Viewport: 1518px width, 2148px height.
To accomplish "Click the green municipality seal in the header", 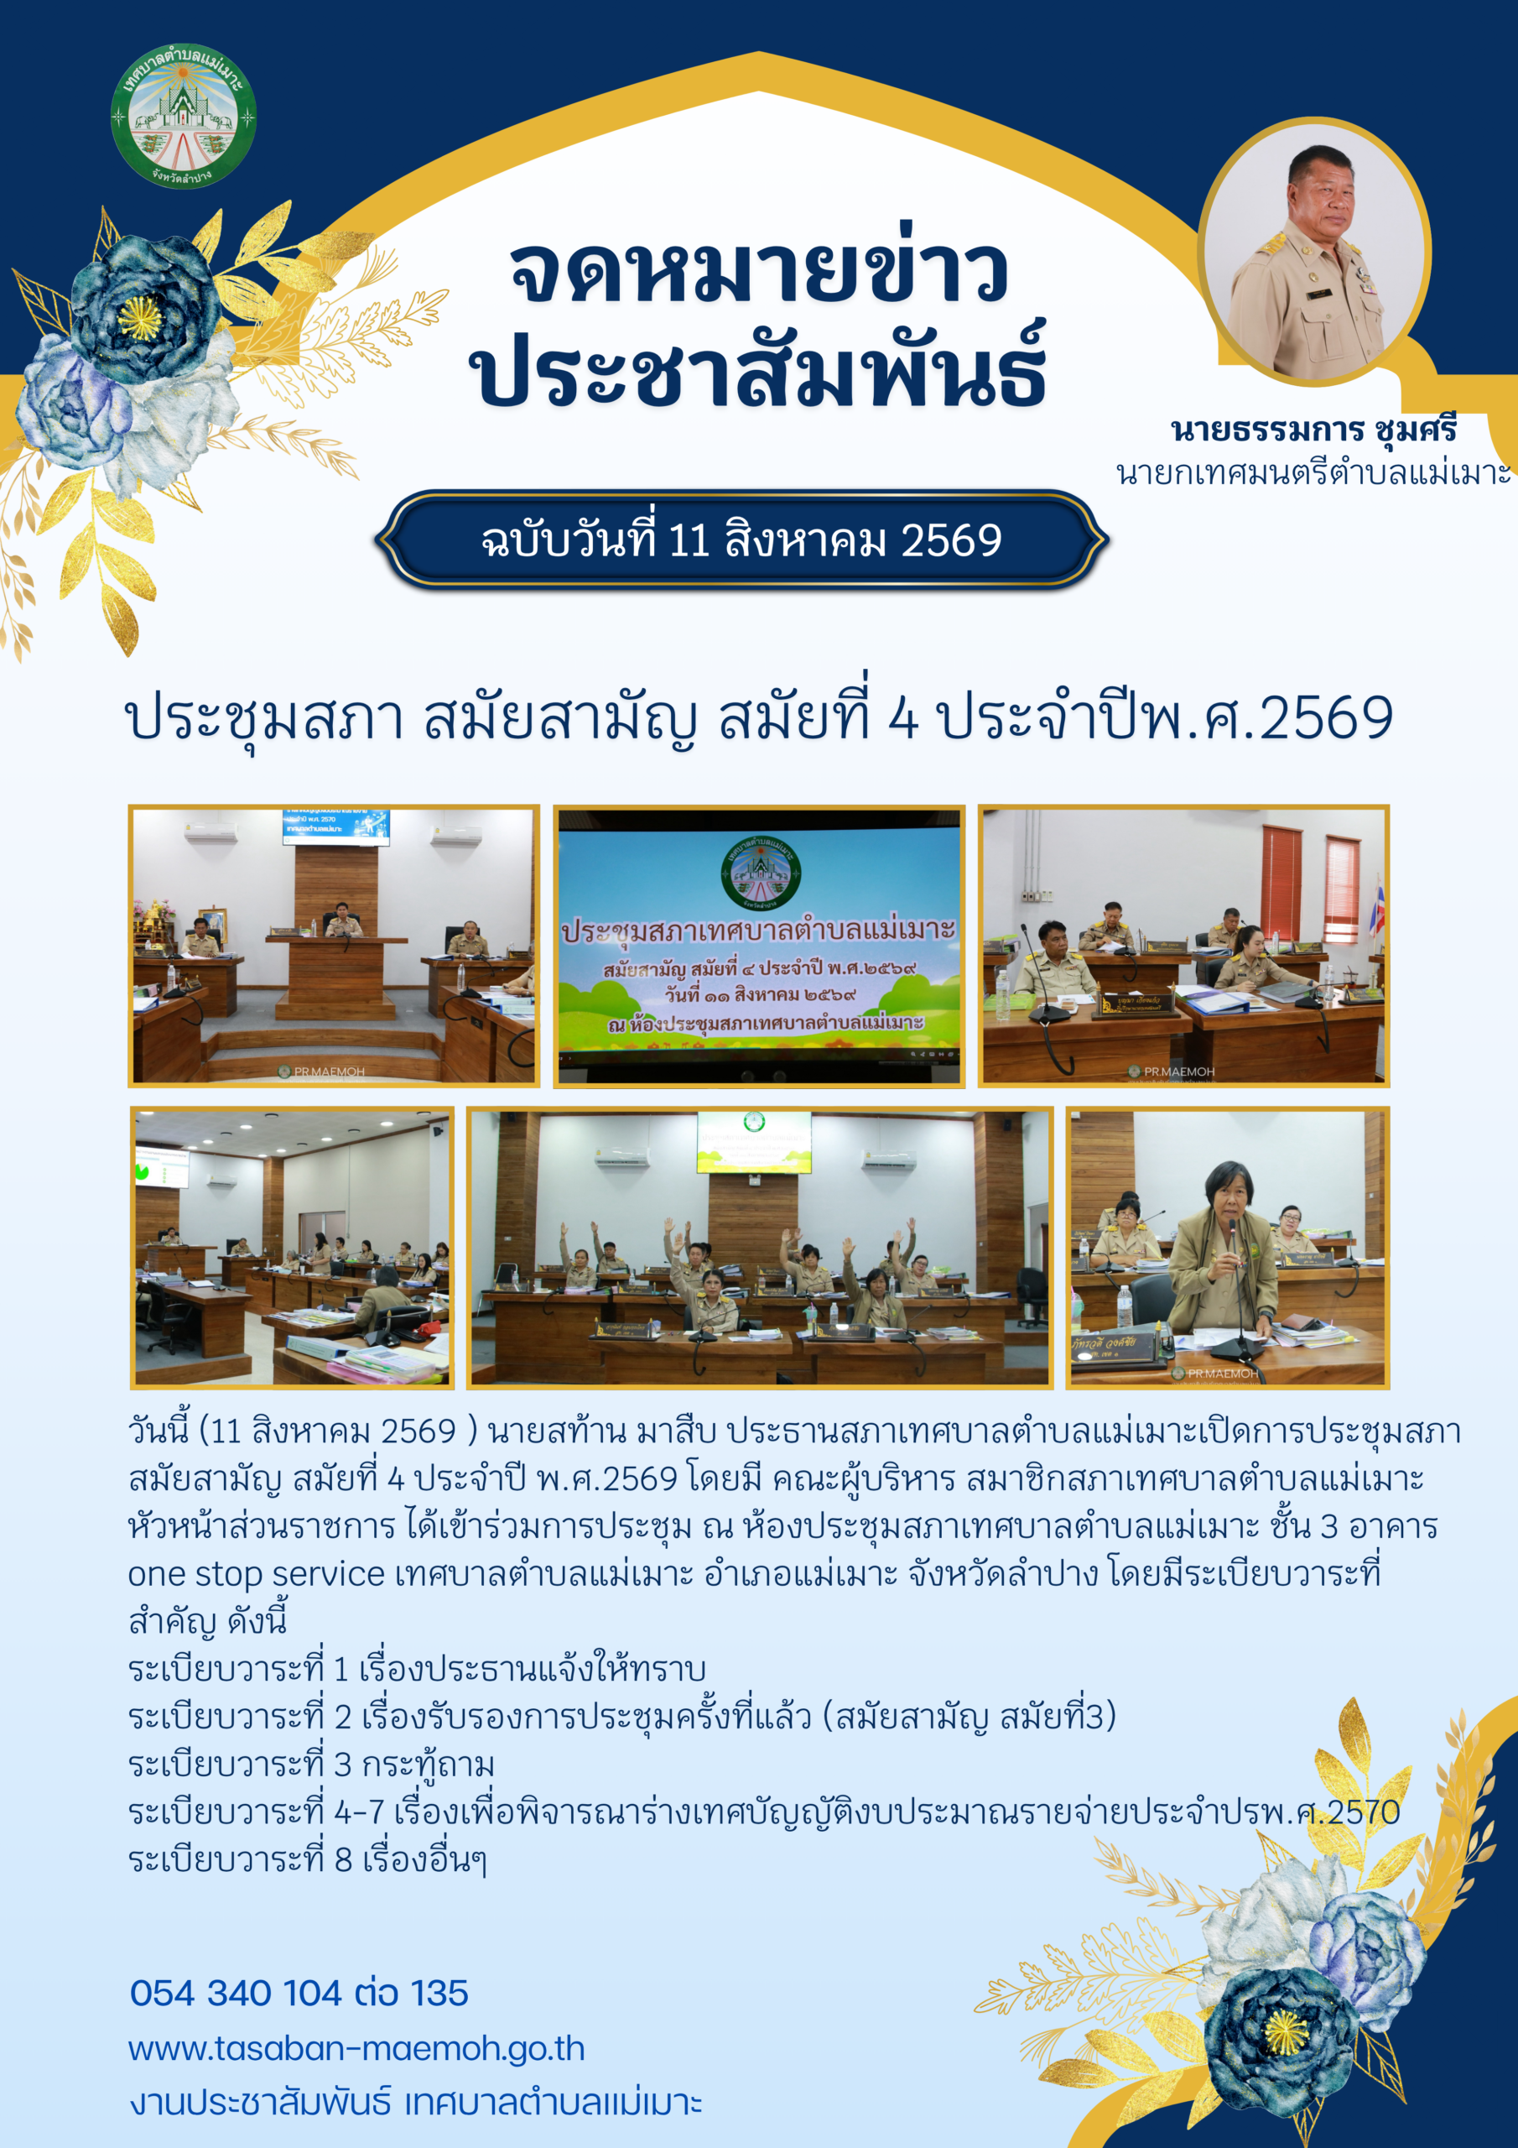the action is coord(184,115).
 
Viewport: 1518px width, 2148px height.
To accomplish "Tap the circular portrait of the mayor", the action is coord(1314,252).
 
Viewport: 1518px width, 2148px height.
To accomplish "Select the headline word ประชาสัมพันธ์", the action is coord(757,368).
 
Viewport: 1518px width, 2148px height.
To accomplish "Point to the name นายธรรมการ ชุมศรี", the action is coord(1313,430).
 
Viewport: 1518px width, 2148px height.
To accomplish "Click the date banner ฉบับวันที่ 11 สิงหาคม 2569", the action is coord(741,540).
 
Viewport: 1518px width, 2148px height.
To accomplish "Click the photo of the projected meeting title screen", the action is coord(758,946).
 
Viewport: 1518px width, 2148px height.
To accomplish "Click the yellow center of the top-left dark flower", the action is coord(138,318).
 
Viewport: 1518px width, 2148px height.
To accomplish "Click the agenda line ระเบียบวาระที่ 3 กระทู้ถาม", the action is coord(311,1765).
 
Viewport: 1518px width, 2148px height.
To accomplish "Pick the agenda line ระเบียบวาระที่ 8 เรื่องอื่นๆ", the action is coord(308,1860).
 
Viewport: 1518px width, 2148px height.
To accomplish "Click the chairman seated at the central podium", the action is coord(342,920).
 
